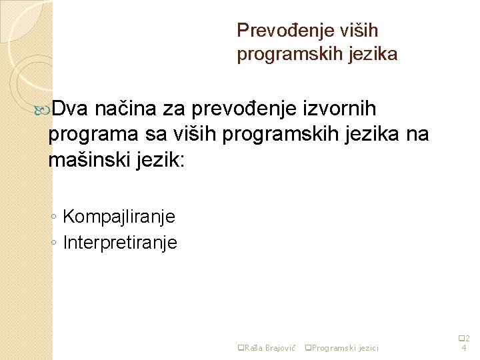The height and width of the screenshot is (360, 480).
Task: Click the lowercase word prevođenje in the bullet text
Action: [241, 107]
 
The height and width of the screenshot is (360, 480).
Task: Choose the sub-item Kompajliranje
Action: [119, 217]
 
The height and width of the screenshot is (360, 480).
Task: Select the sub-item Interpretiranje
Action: [120, 243]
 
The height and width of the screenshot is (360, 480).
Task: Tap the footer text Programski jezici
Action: [345, 347]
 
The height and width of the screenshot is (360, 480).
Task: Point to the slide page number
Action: [465, 343]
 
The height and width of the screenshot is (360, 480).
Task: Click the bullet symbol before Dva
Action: [45, 108]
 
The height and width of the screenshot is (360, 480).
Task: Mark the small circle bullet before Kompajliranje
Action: [53, 217]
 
